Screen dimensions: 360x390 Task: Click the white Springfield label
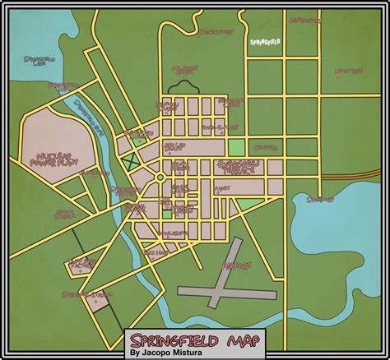266,39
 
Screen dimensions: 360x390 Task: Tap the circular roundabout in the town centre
160,177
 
